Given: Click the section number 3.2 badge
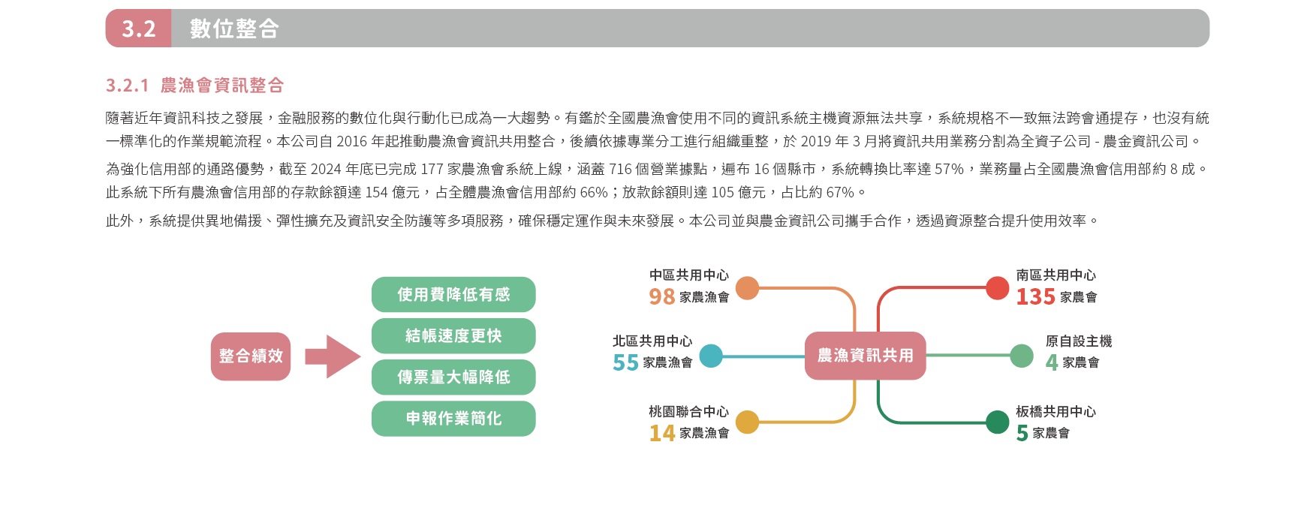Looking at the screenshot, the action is pos(138,29).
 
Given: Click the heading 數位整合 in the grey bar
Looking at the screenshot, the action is pos(234,29).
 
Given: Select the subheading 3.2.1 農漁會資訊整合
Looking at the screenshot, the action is pos(195,86).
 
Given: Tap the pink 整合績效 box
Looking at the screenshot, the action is pos(251,356).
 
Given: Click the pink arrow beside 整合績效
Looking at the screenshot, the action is pos(333,356).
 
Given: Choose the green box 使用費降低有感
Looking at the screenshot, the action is pos(453,294).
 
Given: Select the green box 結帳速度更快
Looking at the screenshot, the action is pos(453,335).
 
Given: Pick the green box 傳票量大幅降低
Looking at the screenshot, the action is pos(453,377).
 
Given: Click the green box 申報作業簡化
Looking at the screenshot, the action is pos(453,418).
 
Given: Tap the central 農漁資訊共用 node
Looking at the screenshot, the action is pos(865,356).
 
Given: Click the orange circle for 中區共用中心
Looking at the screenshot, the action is pos(748,288).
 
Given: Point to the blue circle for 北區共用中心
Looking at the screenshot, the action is pos(711,356).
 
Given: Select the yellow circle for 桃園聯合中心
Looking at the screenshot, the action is pos(748,422).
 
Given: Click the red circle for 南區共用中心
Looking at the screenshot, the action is pos(997,288).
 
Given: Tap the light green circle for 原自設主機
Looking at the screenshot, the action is pos(1022,356).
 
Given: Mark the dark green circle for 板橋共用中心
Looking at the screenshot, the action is pos(997,422).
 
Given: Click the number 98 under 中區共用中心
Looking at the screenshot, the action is pos(662,297).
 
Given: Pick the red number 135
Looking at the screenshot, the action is pos(1036,297).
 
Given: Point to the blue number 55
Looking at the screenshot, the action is pos(625,363).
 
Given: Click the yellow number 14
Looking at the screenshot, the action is pos(662,434).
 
